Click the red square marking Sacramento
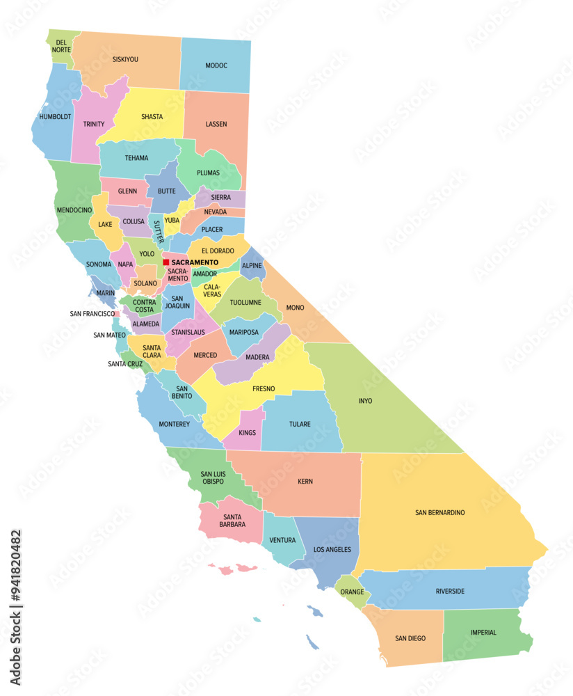166,262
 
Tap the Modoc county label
216,65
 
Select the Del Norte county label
61,46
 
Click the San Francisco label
92,314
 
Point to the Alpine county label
252,265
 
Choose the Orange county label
353,592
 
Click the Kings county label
247,432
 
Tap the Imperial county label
483,633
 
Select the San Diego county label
410,638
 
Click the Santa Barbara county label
233,521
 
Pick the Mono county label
295,307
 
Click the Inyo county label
365,401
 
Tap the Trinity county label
93,124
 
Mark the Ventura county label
282,540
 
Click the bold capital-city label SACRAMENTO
195,262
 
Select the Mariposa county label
244,333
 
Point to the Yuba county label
172,221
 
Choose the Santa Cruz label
125,363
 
